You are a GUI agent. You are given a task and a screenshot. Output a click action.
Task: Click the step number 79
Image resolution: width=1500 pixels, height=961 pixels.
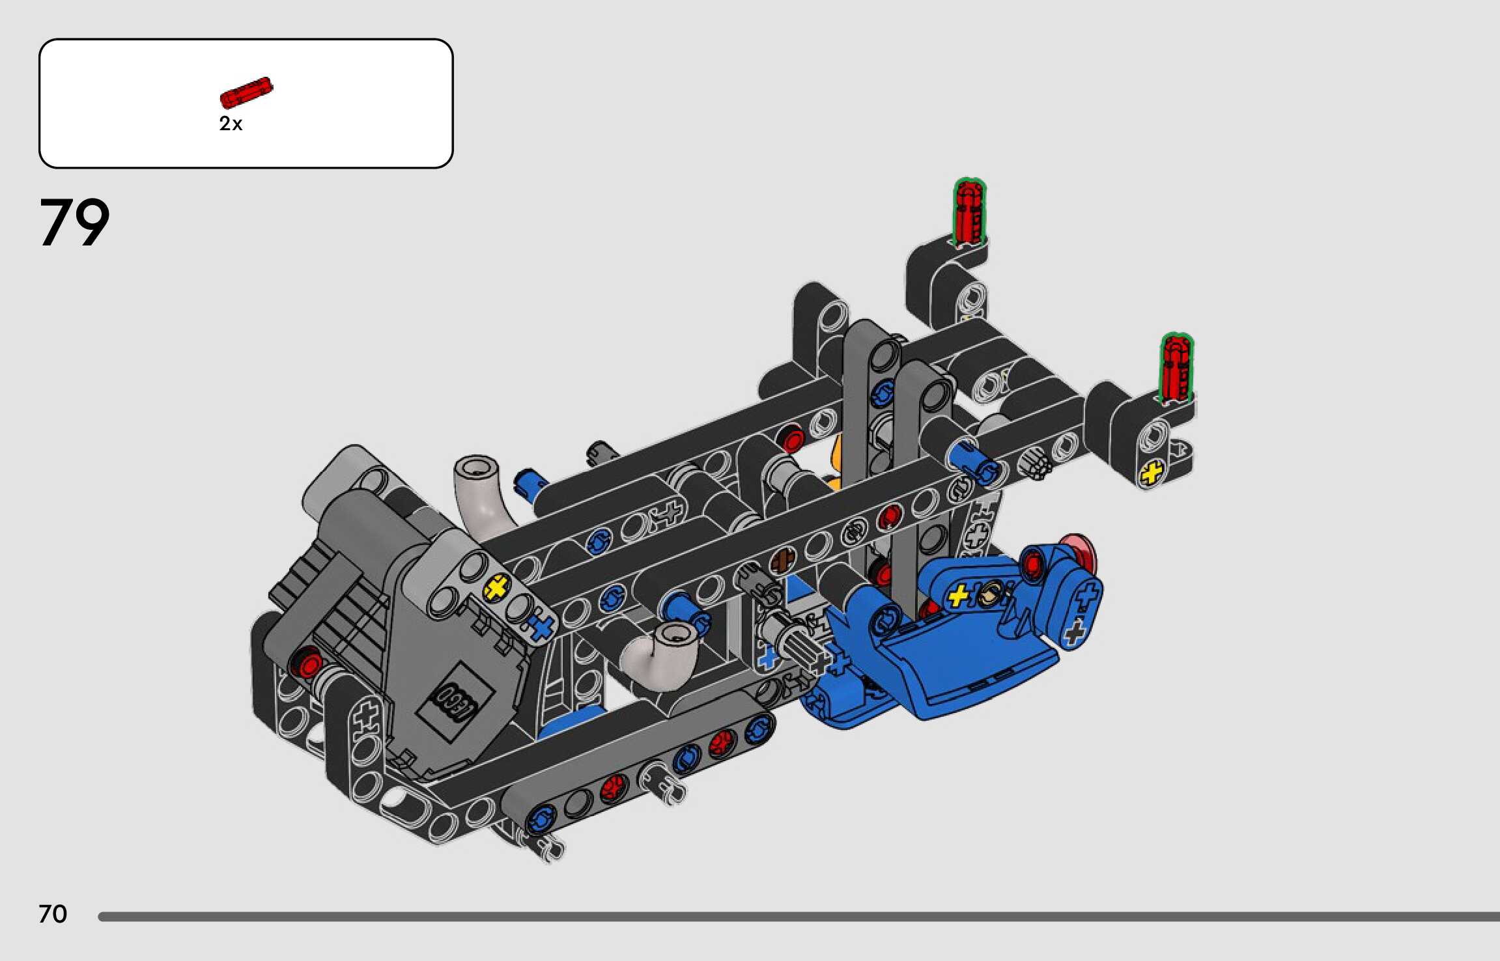point(74,222)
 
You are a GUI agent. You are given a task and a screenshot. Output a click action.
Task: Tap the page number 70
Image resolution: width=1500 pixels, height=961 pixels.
point(53,914)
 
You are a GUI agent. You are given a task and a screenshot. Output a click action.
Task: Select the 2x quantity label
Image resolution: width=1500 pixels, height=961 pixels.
point(231,124)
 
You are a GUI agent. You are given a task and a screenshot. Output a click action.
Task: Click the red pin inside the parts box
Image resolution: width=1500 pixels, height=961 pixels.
point(246,92)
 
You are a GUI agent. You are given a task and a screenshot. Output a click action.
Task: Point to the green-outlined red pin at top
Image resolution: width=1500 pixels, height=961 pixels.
point(969,213)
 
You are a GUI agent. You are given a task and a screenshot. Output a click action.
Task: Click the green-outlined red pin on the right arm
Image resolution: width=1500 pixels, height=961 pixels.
point(1176,368)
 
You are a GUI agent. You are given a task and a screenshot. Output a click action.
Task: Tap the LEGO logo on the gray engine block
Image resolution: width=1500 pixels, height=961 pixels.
point(455,701)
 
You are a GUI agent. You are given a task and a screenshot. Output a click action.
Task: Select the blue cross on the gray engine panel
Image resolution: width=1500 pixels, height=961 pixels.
point(540,627)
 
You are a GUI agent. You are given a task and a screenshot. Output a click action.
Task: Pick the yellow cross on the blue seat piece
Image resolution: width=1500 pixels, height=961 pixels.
point(959,595)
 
